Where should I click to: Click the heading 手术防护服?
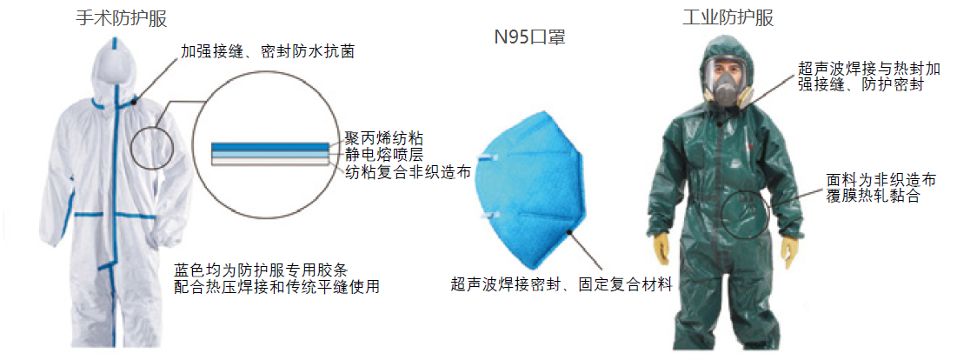[x=121, y=19]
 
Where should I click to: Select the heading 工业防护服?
[x=728, y=18]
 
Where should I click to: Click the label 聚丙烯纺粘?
[x=381, y=137]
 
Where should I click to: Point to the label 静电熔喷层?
[x=381, y=154]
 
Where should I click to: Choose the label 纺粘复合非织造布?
[x=407, y=172]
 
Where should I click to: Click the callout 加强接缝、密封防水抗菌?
[x=268, y=52]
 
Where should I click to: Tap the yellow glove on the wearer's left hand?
[x=788, y=250]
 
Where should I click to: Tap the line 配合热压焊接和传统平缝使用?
[x=276, y=287]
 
